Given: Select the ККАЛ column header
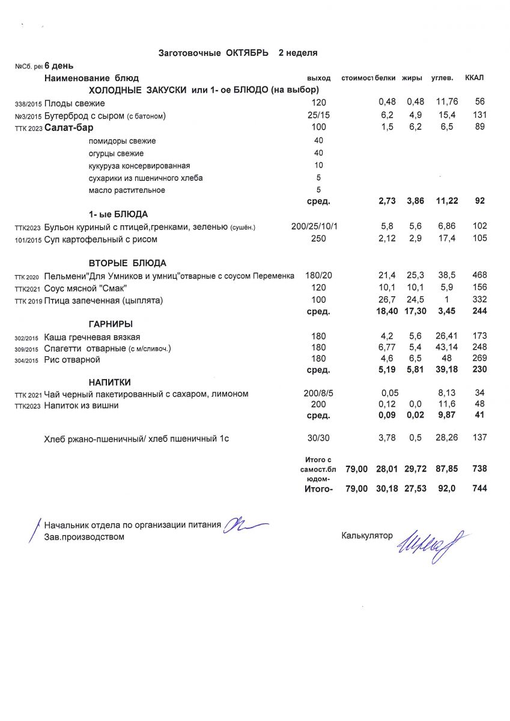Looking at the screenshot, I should pyautogui.click(x=475, y=78).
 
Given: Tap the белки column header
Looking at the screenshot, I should pyautogui.click(x=385, y=78).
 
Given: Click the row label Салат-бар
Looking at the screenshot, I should pyautogui.click(x=69, y=127).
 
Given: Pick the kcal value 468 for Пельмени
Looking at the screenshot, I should pyautogui.click(x=479, y=275).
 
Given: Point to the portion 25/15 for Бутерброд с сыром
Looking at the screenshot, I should pyautogui.click(x=318, y=115).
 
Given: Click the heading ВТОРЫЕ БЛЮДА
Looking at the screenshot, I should pyautogui.click(x=127, y=263).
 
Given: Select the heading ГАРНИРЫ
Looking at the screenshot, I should pyautogui.click(x=111, y=324).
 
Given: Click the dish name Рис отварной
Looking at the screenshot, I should pyautogui.click(x=72, y=359).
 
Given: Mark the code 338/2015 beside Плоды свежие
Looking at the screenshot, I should pyautogui.click(x=28, y=103).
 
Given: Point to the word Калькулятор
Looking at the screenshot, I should pyautogui.click(x=366, y=534).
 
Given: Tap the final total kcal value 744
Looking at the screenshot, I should pyautogui.click(x=479, y=489).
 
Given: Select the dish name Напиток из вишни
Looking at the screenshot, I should pyautogui.click(x=82, y=406).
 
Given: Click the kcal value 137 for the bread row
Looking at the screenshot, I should pyautogui.click(x=479, y=438).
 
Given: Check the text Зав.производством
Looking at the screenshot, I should pyautogui.click(x=84, y=537).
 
